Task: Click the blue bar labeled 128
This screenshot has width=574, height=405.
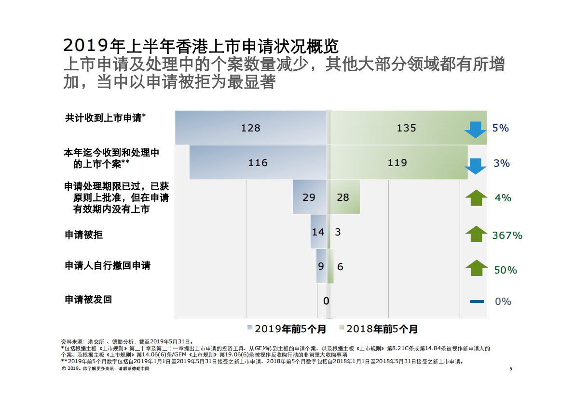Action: point(250,128)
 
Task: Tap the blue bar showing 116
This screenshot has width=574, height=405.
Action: point(258,162)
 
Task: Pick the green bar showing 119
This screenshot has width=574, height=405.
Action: point(398,162)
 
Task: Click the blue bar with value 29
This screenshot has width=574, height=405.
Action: point(309,197)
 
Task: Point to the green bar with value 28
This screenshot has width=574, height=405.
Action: point(344,197)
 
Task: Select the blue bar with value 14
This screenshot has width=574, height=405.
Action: point(318,232)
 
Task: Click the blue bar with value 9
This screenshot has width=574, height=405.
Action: point(321,266)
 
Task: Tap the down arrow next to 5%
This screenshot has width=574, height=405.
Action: point(476,129)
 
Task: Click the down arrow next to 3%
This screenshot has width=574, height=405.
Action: point(476,165)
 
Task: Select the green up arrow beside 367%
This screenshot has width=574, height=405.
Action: point(476,234)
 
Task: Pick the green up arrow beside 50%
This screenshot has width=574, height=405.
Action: point(476,268)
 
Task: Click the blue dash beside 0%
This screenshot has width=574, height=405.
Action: point(477,301)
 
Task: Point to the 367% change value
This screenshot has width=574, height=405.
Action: point(507,235)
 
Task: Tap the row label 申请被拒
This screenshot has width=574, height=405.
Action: point(84,235)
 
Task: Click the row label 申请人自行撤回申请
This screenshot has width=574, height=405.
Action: point(108,265)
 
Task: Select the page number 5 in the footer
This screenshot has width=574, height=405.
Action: point(511,369)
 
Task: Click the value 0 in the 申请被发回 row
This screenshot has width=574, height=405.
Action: point(326,301)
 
